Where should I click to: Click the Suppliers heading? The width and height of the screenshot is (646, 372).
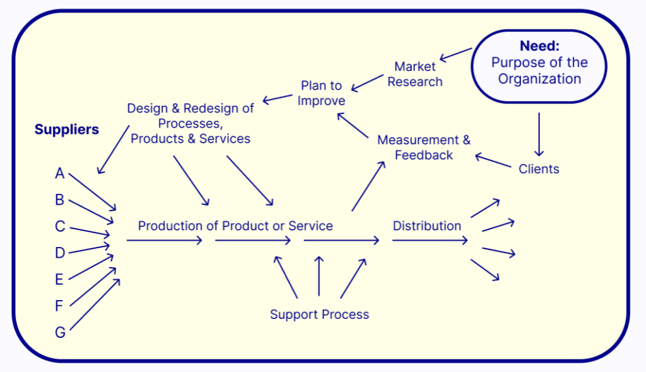point(66,129)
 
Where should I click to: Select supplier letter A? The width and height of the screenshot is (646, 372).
point(60,174)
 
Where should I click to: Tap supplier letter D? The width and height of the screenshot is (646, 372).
point(60,253)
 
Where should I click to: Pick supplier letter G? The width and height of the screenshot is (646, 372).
point(60,332)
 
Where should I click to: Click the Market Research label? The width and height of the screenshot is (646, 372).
point(414,74)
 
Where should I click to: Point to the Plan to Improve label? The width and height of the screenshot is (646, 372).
point(321,93)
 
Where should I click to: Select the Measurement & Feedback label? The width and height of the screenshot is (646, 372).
point(423,147)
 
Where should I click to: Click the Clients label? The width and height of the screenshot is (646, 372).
point(539,169)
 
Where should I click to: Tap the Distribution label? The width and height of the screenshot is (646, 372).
point(426,225)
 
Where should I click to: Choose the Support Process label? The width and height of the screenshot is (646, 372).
point(319,314)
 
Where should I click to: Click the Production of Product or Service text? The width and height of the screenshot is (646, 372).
point(235,225)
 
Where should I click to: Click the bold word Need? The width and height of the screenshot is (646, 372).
point(539,46)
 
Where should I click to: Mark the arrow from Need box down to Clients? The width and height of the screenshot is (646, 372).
point(539,135)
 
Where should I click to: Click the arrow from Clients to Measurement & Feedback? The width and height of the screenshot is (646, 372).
point(493,161)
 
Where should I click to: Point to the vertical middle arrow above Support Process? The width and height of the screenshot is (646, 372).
point(319,275)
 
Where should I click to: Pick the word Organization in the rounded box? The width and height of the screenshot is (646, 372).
point(539,79)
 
